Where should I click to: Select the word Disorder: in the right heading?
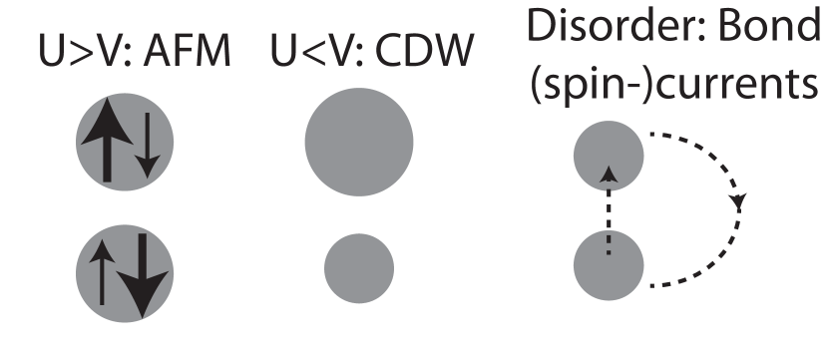click(x=621, y=27)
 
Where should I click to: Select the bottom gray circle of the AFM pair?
click(x=125, y=271)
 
